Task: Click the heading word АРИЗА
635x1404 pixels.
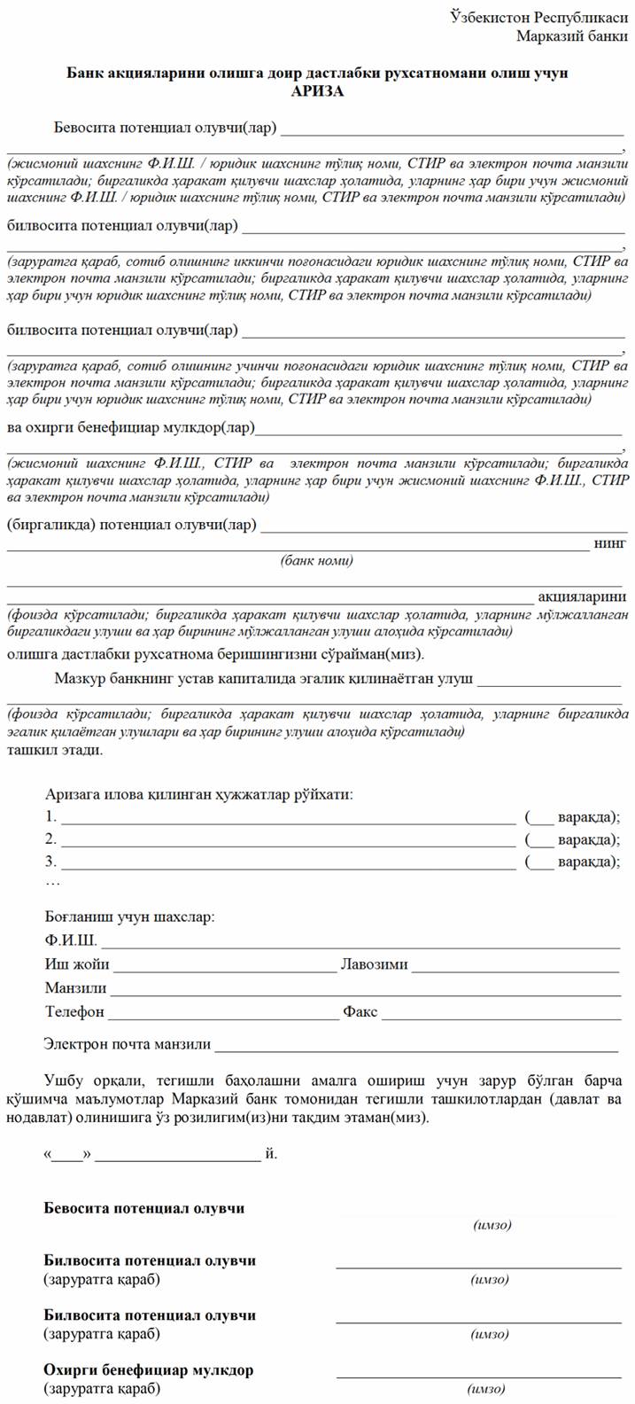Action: tap(317, 90)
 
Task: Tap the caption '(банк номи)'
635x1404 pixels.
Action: tap(316, 560)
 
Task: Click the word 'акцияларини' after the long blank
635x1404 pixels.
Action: tap(582, 596)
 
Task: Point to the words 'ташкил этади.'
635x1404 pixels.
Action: tap(55, 750)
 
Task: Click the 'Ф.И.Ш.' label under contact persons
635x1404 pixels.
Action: tap(71, 940)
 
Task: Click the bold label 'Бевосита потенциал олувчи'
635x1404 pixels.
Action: tap(144, 1208)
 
